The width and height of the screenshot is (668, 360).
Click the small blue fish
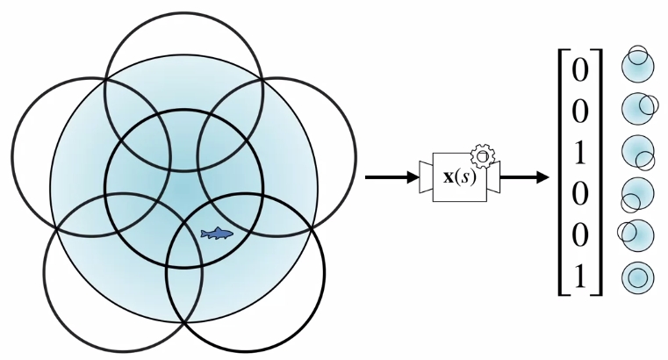217,233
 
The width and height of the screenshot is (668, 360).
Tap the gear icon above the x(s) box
483,157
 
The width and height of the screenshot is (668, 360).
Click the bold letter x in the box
449,176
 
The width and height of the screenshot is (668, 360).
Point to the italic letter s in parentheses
465,177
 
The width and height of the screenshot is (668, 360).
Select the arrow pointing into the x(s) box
391,176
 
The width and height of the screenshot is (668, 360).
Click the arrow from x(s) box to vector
525,176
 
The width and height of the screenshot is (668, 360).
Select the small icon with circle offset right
638,107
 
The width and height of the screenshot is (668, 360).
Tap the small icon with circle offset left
634,234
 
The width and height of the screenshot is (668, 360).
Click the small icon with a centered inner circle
637,277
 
